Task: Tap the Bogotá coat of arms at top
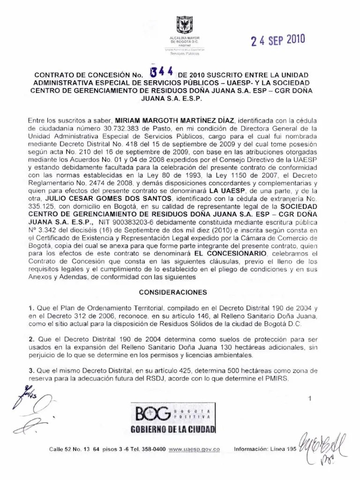184,25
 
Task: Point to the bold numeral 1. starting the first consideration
31,308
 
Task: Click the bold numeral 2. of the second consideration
31,339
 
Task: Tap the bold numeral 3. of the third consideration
31,370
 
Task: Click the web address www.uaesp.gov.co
194,449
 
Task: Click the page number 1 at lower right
310,399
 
